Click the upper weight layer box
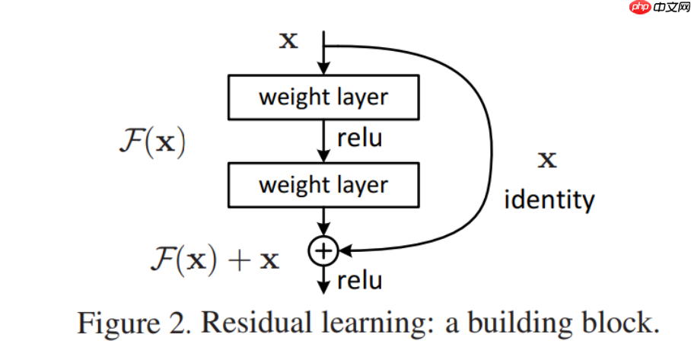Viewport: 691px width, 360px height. pyautogui.click(x=323, y=97)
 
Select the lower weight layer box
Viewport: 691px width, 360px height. pyautogui.click(x=323, y=185)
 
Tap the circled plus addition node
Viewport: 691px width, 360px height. pyautogui.click(x=323, y=250)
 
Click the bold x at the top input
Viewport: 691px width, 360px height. pyautogui.click(x=288, y=40)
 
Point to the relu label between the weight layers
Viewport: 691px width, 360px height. pyautogui.click(x=358, y=140)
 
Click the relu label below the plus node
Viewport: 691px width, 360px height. pyautogui.click(x=358, y=281)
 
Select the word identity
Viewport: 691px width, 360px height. pyautogui.click(x=549, y=200)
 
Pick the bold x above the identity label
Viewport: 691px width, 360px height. pyautogui.click(x=547, y=160)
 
